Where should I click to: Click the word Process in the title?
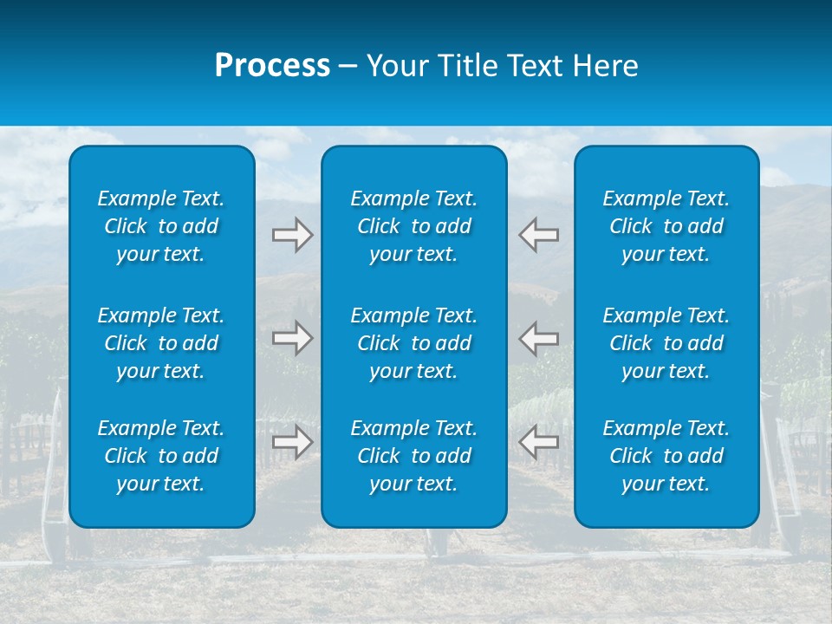pos(272,66)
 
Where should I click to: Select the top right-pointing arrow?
pos(292,235)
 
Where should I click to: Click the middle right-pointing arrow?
pos(292,338)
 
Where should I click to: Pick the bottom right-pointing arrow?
pos(292,442)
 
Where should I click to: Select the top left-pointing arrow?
pos(539,235)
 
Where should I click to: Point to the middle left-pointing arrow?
pos(539,338)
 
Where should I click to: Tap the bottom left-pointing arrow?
pos(539,442)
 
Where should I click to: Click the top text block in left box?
pos(161,226)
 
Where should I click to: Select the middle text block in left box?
pos(161,343)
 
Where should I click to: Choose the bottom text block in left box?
pos(161,456)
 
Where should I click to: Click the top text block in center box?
pos(414,226)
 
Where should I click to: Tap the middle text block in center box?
pos(414,343)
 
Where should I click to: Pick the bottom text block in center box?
pos(414,456)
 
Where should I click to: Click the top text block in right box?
pos(666,226)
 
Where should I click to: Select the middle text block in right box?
pos(666,343)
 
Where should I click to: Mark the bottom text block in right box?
pos(666,456)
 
